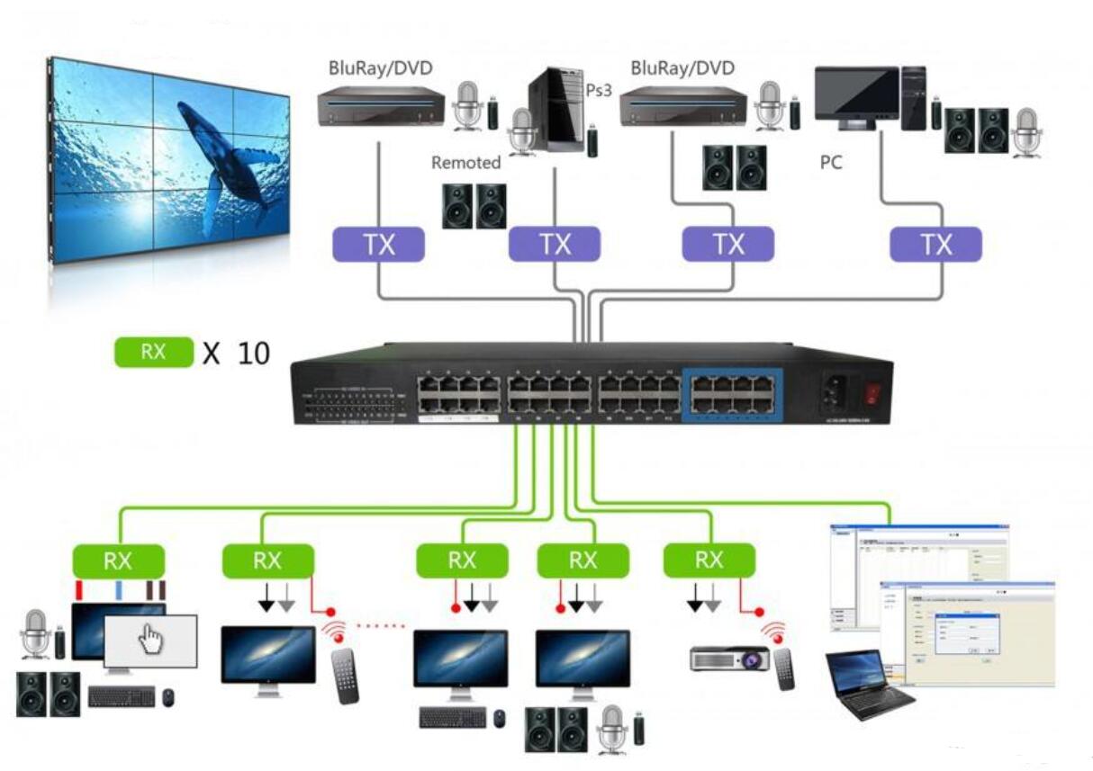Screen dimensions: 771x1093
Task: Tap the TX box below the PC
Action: (935, 245)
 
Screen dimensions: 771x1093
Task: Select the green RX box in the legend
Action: (154, 352)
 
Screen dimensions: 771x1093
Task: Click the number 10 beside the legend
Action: (254, 353)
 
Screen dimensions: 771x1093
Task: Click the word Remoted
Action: (465, 163)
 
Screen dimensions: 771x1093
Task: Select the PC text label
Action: (831, 163)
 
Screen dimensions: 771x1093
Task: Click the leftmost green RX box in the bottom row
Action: (118, 560)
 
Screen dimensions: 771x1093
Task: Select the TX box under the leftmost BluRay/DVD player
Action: (378, 245)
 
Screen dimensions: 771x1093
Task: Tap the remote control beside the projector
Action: (784, 668)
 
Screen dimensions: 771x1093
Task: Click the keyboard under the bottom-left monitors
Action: (122, 696)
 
